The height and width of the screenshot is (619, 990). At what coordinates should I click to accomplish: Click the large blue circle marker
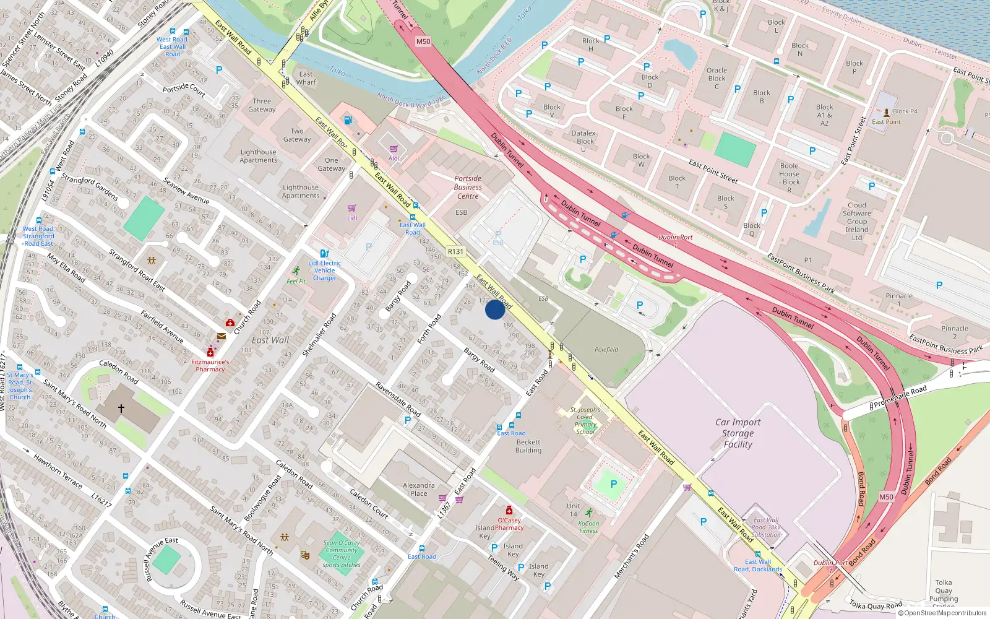(x=495, y=309)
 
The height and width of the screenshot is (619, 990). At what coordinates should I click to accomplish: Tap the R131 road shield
(x=455, y=251)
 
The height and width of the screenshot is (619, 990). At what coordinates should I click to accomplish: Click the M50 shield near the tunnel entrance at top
(x=423, y=41)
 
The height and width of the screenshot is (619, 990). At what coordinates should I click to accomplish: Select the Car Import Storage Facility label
(x=738, y=433)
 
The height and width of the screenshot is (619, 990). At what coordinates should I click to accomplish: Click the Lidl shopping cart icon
(x=352, y=209)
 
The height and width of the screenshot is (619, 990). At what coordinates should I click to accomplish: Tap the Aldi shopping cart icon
(x=394, y=149)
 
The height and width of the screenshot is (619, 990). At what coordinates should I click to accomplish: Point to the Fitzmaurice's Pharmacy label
(x=210, y=366)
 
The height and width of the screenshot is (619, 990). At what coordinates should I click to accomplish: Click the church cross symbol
(x=121, y=409)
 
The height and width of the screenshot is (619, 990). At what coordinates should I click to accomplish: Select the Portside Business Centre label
(x=468, y=187)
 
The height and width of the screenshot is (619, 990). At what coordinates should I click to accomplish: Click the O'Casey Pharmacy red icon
(x=509, y=511)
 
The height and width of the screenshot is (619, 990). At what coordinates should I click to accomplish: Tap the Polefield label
(x=606, y=350)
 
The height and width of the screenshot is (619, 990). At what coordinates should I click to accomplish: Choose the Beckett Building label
(x=528, y=446)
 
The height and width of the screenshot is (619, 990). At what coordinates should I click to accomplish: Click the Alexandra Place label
(x=419, y=489)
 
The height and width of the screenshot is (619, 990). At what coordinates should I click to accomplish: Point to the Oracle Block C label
(x=717, y=78)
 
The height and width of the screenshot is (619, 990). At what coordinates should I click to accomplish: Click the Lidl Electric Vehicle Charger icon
(x=324, y=254)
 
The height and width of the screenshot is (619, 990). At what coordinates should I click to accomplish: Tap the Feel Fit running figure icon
(x=297, y=271)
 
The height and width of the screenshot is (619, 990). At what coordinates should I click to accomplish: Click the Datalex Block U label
(x=583, y=141)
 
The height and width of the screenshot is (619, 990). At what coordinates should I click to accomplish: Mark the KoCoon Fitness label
(x=588, y=527)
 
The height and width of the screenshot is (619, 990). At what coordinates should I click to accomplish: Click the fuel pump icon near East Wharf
(x=348, y=120)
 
